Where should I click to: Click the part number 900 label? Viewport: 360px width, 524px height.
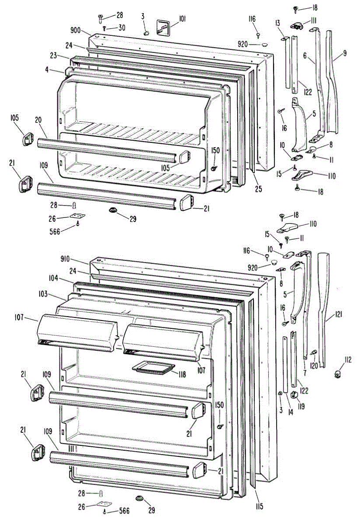76,30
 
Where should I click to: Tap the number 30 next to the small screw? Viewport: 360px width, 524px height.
122,28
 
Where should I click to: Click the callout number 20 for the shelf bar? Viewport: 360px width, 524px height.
38,121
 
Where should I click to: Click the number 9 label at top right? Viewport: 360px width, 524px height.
345,54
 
